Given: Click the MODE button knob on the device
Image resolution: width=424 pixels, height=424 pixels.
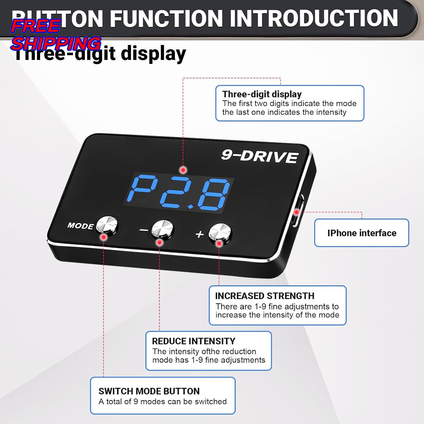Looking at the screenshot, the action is click(107, 225).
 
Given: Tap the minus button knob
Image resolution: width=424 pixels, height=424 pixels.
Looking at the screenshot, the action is click(162, 229).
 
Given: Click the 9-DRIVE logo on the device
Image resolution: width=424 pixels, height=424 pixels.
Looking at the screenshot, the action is click(259, 156).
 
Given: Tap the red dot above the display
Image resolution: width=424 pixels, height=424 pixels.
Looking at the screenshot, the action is click(183, 170).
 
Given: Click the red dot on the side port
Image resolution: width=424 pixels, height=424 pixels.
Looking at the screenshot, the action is click(297, 212).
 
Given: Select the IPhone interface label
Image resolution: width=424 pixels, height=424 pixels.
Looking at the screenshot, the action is click(362, 233).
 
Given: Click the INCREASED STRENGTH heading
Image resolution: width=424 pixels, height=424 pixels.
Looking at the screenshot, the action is click(265, 296).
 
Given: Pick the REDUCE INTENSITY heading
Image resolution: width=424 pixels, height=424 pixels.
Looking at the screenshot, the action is click(194, 341).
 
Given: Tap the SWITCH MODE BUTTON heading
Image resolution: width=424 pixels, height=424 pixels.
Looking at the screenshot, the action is click(149, 391).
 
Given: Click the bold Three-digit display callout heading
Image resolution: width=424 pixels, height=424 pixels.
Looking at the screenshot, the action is click(262, 94).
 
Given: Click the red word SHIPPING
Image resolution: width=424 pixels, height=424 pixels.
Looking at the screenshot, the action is click(56, 44).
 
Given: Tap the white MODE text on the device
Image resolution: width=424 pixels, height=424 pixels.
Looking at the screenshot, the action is click(80, 226).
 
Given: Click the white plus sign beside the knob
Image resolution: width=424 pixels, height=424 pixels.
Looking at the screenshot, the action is click(200, 234).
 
